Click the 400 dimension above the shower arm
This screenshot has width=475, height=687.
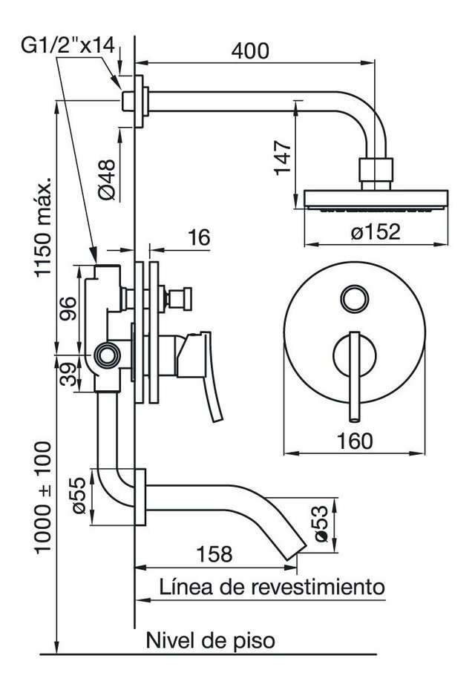250,51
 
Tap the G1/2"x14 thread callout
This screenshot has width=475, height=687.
68,45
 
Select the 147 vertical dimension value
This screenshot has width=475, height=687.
283,158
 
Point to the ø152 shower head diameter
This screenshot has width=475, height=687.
376,231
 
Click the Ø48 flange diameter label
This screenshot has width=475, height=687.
108,180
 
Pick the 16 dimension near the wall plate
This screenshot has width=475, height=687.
199,237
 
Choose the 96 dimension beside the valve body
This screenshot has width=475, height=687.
68,309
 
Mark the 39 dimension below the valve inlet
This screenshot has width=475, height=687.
68,374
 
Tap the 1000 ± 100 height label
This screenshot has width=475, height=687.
43,498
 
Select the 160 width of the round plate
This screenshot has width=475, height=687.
355,441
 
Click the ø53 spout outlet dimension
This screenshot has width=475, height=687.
321,523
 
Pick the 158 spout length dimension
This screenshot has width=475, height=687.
214,554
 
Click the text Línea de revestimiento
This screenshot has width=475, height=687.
272,587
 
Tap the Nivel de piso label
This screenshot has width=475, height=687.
210,640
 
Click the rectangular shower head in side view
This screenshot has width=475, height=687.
376,200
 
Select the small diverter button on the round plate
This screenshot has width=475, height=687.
354,299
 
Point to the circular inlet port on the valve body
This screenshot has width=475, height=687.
108,355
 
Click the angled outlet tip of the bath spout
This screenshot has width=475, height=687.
296,551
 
